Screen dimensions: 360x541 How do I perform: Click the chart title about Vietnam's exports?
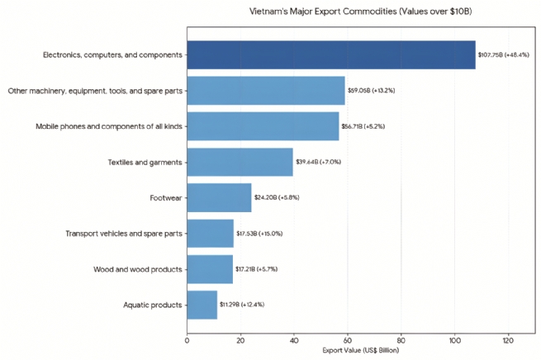(360, 12)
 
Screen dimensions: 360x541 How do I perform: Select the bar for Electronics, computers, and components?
(331, 55)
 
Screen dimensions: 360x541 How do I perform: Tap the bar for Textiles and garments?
(240, 162)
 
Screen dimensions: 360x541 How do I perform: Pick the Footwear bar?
(219, 198)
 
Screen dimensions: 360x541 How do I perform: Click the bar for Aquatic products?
(202, 305)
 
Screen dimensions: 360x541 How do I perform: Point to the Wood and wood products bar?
(210, 269)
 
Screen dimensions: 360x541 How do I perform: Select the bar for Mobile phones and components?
(263, 126)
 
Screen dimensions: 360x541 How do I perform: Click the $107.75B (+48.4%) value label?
(504, 55)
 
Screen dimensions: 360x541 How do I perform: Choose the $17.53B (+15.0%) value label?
(259, 234)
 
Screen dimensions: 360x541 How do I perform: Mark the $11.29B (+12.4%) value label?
(242, 305)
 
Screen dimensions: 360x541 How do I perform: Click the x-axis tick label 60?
(347, 339)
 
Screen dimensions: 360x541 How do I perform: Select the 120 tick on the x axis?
(507, 339)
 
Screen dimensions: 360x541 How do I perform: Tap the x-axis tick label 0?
(187, 339)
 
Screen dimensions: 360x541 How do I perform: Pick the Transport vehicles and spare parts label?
(124, 234)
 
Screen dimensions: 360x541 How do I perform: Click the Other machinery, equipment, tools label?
(95, 91)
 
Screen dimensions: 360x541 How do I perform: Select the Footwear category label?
(166, 198)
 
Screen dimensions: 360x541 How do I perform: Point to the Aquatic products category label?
(151, 305)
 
